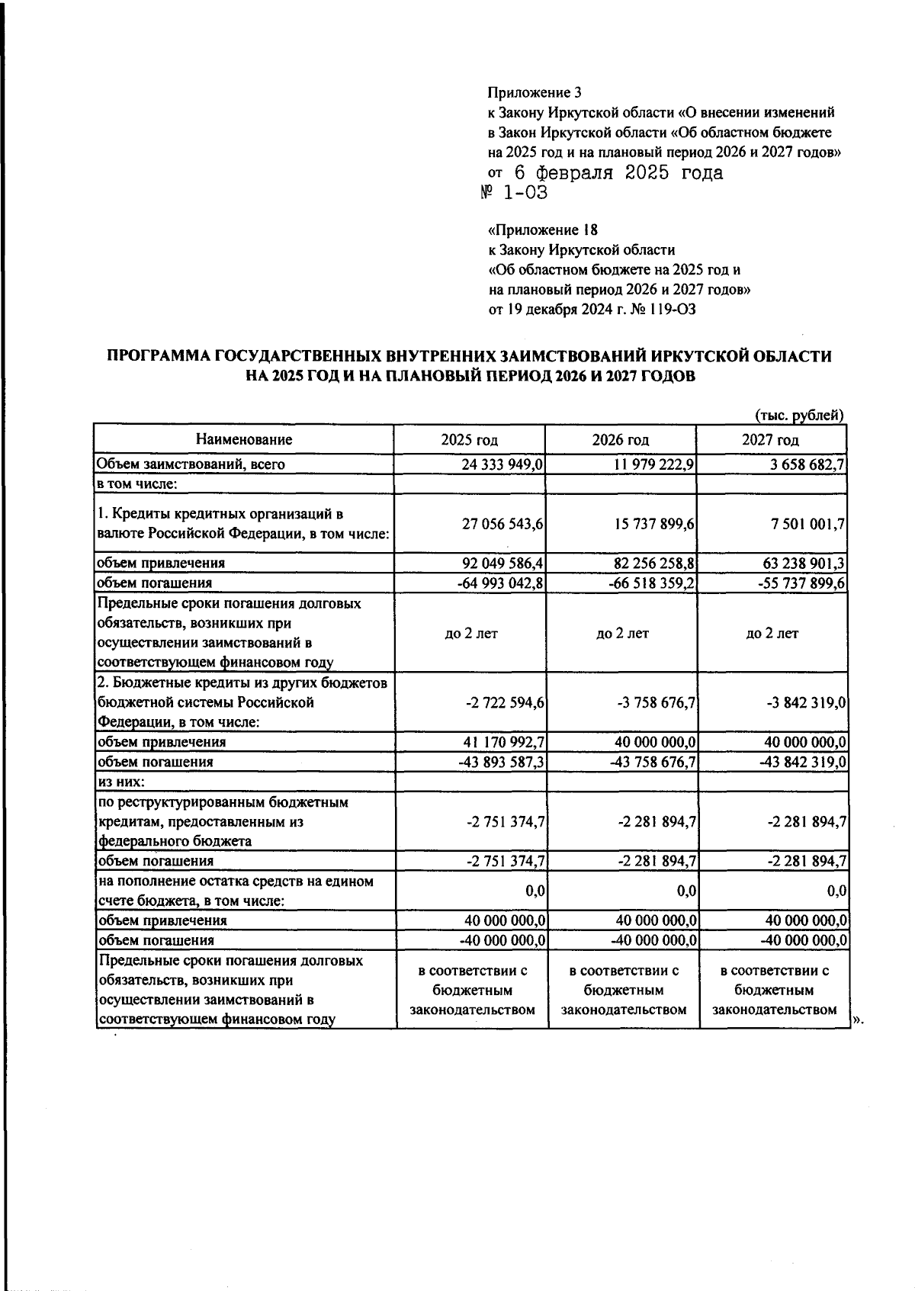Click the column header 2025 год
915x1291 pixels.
[x=470, y=440]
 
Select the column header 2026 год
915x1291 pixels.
[x=621, y=440]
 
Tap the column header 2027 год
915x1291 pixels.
[x=771, y=440]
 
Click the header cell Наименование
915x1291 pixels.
[x=244, y=439]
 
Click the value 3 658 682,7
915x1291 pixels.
[x=805, y=464]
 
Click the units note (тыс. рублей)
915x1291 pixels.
[x=798, y=416]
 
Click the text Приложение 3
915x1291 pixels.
[x=534, y=93]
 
